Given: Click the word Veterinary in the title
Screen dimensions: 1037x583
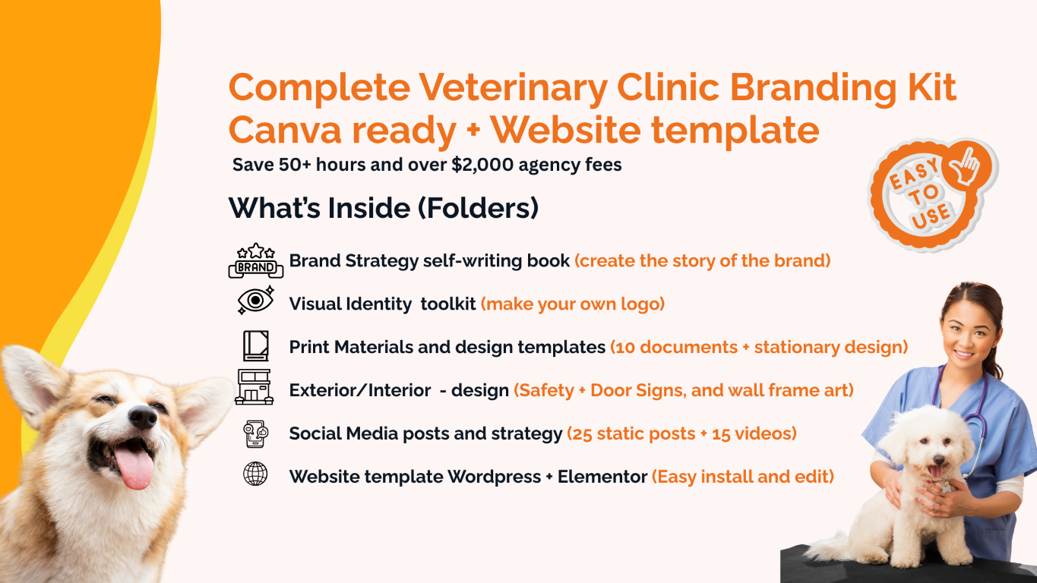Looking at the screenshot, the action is coord(513,88).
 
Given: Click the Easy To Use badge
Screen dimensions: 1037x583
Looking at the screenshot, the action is coord(932,195).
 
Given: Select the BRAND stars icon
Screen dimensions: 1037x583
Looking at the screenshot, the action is coord(255,260).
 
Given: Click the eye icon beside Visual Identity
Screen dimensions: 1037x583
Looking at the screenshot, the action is coord(255,301).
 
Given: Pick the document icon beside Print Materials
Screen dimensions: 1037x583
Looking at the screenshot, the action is coord(256,345).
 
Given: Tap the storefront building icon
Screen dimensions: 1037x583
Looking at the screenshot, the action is coord(254,387).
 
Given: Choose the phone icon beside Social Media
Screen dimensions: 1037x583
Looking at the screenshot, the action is coord(255,434).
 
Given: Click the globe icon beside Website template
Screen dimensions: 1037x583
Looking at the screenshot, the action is coord(255,474).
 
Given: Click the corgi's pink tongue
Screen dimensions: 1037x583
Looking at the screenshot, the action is coord(134,465).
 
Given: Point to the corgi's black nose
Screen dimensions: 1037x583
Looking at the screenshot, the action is coord(143,417).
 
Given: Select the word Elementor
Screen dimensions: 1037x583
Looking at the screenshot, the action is coord(602,477).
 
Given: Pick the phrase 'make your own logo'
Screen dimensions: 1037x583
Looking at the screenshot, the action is coord(573,304).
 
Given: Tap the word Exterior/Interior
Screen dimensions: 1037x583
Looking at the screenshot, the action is coord(359,390).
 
